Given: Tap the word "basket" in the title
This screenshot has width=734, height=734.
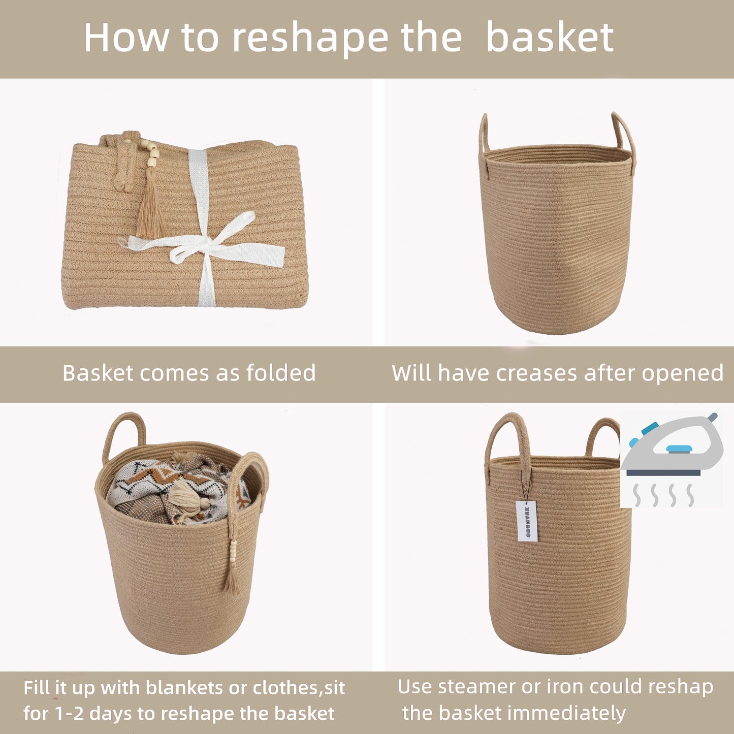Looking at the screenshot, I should pos(550,38).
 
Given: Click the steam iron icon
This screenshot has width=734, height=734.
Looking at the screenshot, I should pos(672,448).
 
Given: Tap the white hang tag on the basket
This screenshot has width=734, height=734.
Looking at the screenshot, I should pos(526,521).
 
